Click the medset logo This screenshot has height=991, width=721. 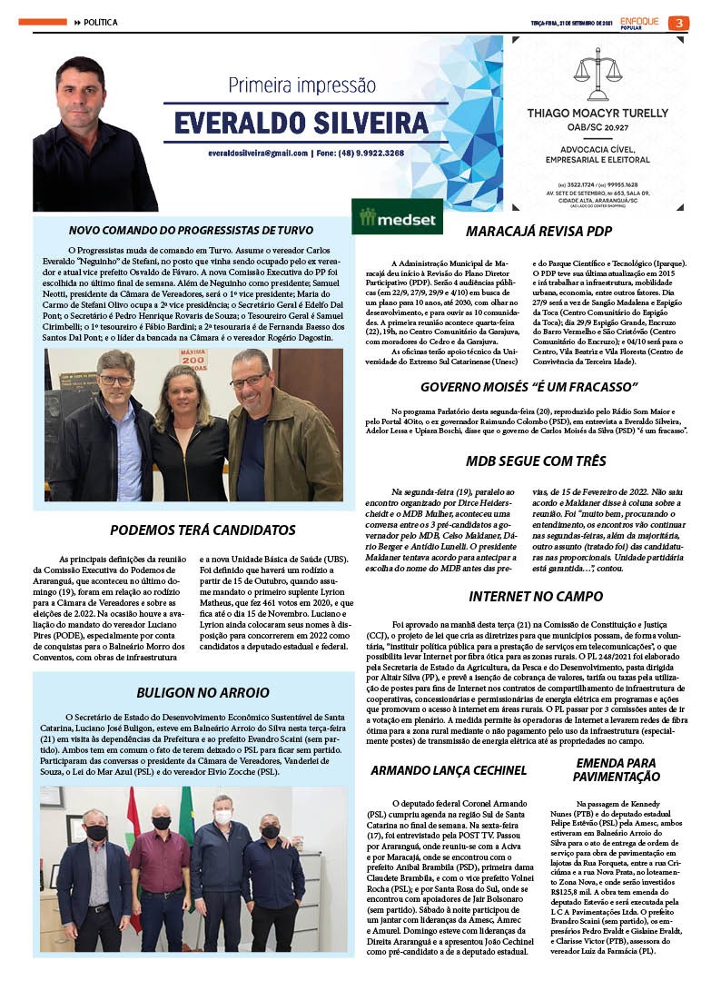point(398,218)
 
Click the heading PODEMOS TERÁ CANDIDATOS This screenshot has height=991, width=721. point(202,530)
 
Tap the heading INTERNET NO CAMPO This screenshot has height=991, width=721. point(535,597)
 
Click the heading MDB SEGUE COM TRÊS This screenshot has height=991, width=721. point(535,461)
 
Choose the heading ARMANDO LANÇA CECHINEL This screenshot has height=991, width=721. point(449,770)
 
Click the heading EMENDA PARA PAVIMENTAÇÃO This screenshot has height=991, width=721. point(617,770)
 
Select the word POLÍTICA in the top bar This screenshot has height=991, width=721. point(101,22)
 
